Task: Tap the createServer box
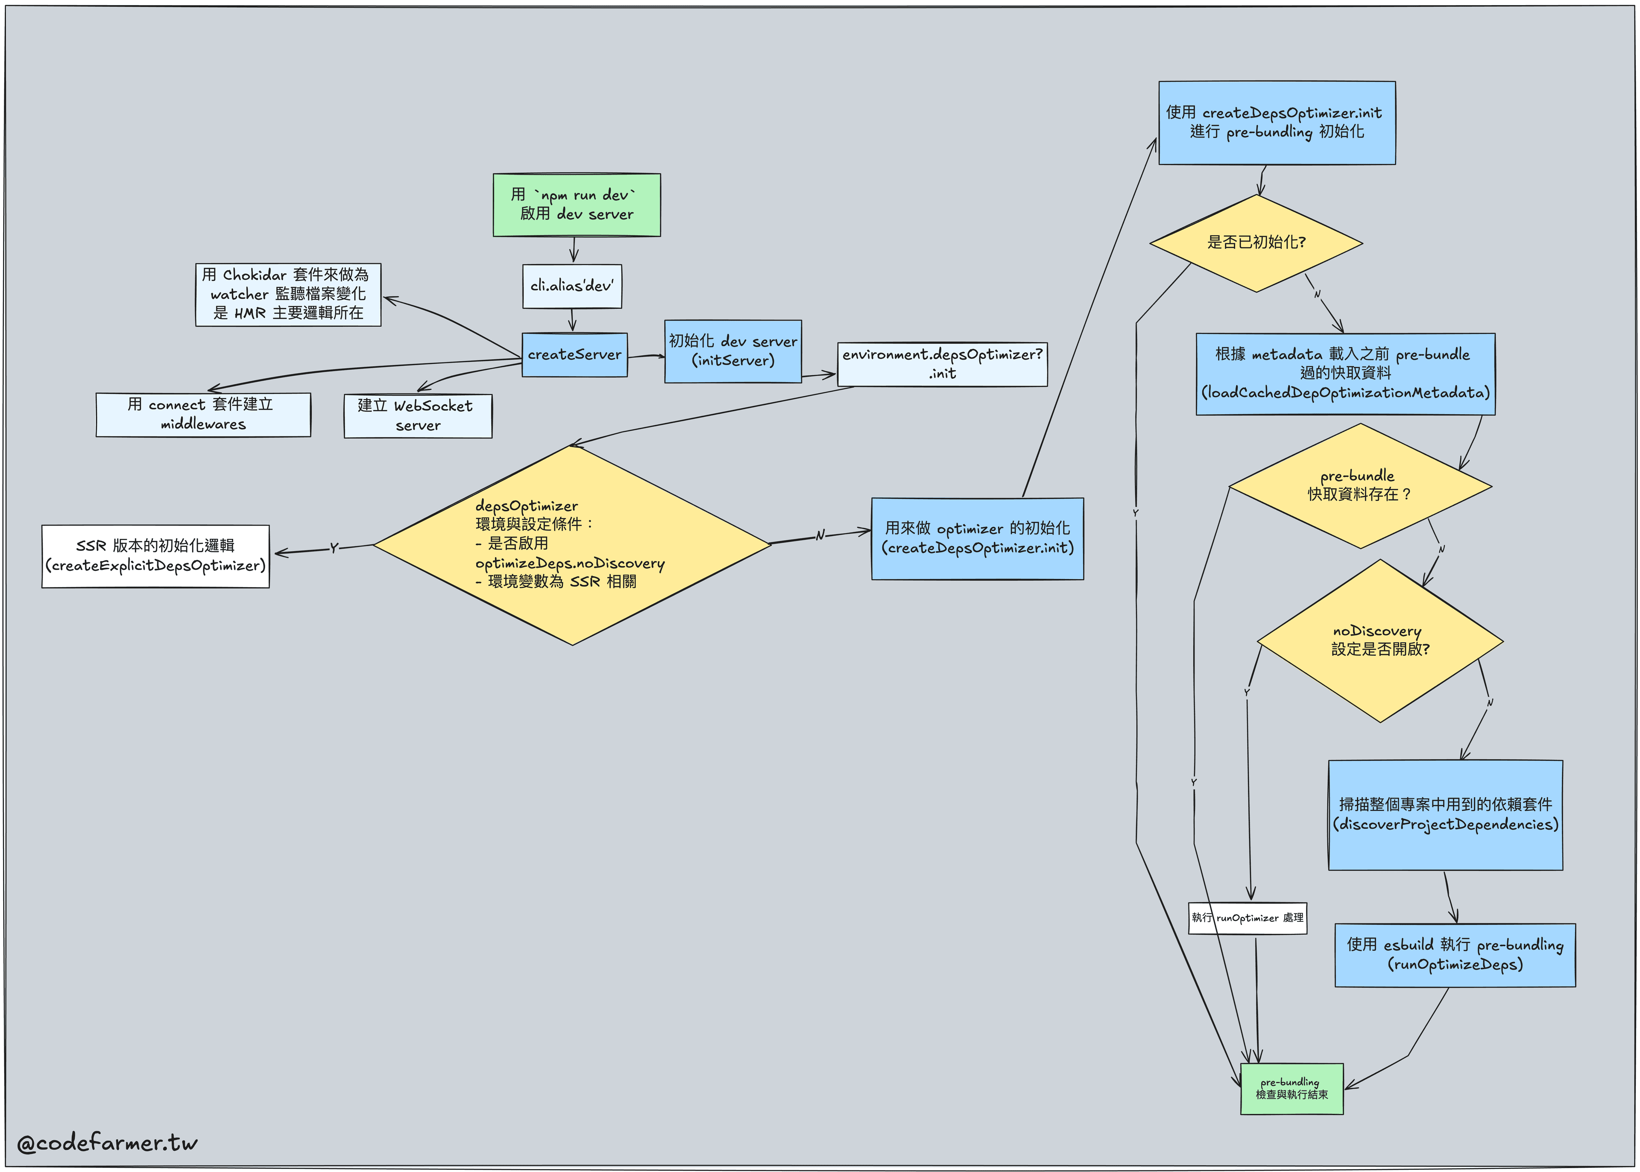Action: tap(574, 354)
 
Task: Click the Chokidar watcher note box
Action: tap(288, 295)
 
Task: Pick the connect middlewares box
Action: tap(203, 414)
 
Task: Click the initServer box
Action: tap(732, 351)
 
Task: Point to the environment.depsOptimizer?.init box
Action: tap(942, 364)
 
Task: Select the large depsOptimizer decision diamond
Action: tap(572, 545)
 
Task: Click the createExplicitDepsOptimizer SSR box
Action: tap(155, 556)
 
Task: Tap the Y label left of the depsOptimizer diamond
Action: tap(334, 549)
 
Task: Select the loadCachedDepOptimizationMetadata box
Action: tap(1345, 374)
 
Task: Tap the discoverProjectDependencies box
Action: tap(1445, 815)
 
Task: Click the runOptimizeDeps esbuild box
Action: tap(1455, 955)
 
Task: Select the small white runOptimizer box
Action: tap(1248, 918)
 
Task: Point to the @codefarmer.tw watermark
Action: tap(107, 1143)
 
